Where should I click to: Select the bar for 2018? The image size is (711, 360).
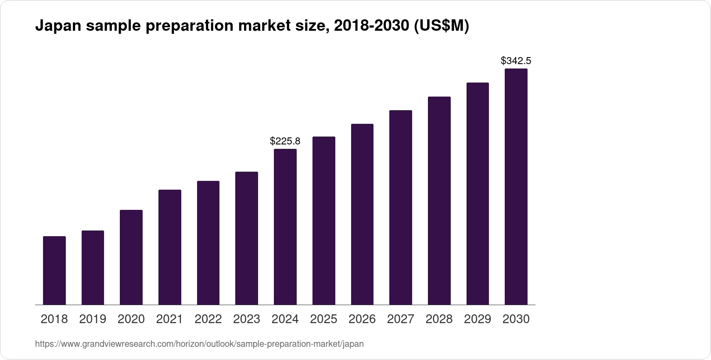[54, 270]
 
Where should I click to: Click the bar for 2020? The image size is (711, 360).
[131, 257]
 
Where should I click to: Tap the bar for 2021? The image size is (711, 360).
[170, 247]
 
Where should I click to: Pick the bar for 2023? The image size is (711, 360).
[247, 238]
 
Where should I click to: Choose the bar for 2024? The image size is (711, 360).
[285, 227]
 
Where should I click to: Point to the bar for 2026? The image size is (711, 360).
[362, 214]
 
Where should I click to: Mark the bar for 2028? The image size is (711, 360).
[439, 201]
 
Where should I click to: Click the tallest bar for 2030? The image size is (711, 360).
[516, 187]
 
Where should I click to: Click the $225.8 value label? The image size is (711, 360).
[285, 141]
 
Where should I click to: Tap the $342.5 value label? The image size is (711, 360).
[516, 61]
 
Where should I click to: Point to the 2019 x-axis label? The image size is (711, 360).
[93, 319]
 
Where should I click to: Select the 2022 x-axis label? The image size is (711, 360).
[208, 319]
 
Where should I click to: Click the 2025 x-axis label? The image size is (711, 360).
[323, 319]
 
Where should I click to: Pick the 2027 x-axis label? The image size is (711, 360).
[401, 319]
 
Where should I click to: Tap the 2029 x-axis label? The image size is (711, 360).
[478, 319]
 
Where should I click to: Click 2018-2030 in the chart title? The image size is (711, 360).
[372, 26]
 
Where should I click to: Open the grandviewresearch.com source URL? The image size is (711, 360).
[199, 344]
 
